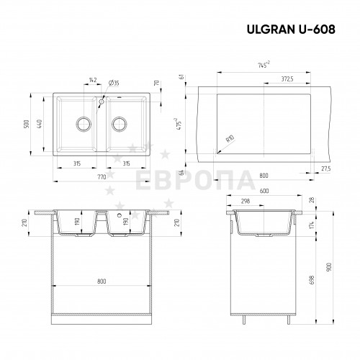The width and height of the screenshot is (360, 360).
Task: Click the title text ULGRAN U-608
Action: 291,30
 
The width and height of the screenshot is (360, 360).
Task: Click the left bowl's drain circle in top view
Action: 84,124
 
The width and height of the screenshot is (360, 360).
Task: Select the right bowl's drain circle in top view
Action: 120,124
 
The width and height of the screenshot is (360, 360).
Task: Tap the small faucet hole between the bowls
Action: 102,102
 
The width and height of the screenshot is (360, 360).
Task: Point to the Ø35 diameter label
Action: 114,83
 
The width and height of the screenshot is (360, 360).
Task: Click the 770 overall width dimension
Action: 102,177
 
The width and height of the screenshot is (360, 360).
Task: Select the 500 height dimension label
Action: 27,124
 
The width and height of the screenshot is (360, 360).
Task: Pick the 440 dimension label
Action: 40,124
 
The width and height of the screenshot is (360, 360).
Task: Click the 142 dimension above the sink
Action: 93,80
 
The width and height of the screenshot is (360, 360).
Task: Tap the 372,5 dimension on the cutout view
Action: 287,78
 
